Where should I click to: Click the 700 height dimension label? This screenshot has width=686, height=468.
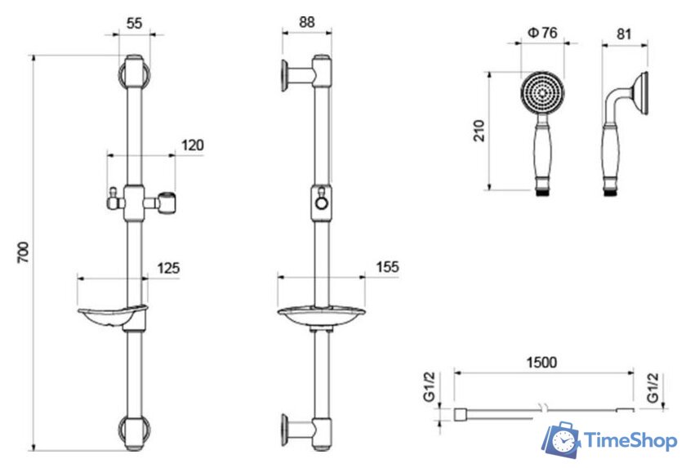coord(23,252)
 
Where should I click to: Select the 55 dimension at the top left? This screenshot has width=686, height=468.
coord(134,23)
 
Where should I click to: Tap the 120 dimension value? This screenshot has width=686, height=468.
coord(193,145)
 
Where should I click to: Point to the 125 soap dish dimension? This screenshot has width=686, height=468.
coord(168,268)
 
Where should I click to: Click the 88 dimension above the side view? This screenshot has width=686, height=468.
coord(307,22)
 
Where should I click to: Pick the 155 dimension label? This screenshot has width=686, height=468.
coord(388,267)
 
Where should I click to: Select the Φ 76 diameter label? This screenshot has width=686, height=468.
coord(542,33)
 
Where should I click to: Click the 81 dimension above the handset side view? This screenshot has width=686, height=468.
coord(624,33)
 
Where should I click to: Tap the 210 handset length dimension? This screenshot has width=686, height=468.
coord(479,131)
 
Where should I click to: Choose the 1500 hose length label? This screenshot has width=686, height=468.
coord(541,362)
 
